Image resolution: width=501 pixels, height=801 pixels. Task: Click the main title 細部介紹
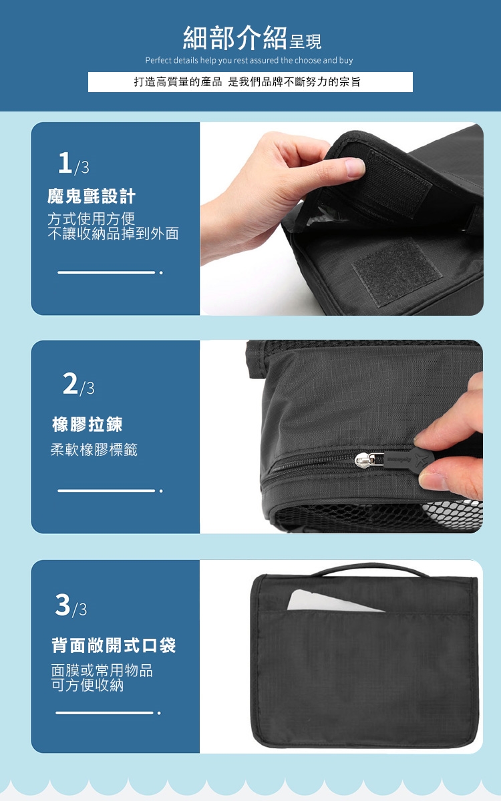pyautogui.click(x=234, y=38)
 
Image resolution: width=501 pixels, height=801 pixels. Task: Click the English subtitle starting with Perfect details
pyautogui.click(x=249, y=60)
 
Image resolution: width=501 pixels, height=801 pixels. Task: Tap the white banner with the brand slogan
pyautogui.click(x=250, y=82)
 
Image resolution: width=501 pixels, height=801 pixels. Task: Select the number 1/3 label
pyautogui.click(x=73, y=163)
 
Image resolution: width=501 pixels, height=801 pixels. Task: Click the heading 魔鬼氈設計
pyautogui.click(x=92, y=196)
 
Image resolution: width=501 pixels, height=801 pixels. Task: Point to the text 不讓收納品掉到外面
pyautogui.click(x=113, y=234)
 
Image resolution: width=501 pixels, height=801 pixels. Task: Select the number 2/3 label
pyautogui.click(x=79, y=384)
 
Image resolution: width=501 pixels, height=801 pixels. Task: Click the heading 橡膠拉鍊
pyautogui.click(x=88, y=425)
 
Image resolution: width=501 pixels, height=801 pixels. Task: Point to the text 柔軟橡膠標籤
pyautogui.click(x=94, y=450)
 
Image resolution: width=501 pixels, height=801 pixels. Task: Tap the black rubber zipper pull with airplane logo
pyautogui.click(x=409, y=459)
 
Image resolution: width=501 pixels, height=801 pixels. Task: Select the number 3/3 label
pyautogui.click(x=71, y=605)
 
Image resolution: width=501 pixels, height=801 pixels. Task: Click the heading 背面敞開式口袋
pyautogui.click(x=114, y=646)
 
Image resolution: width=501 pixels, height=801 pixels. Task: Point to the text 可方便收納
pyautogui.click(x=88, y=685)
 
